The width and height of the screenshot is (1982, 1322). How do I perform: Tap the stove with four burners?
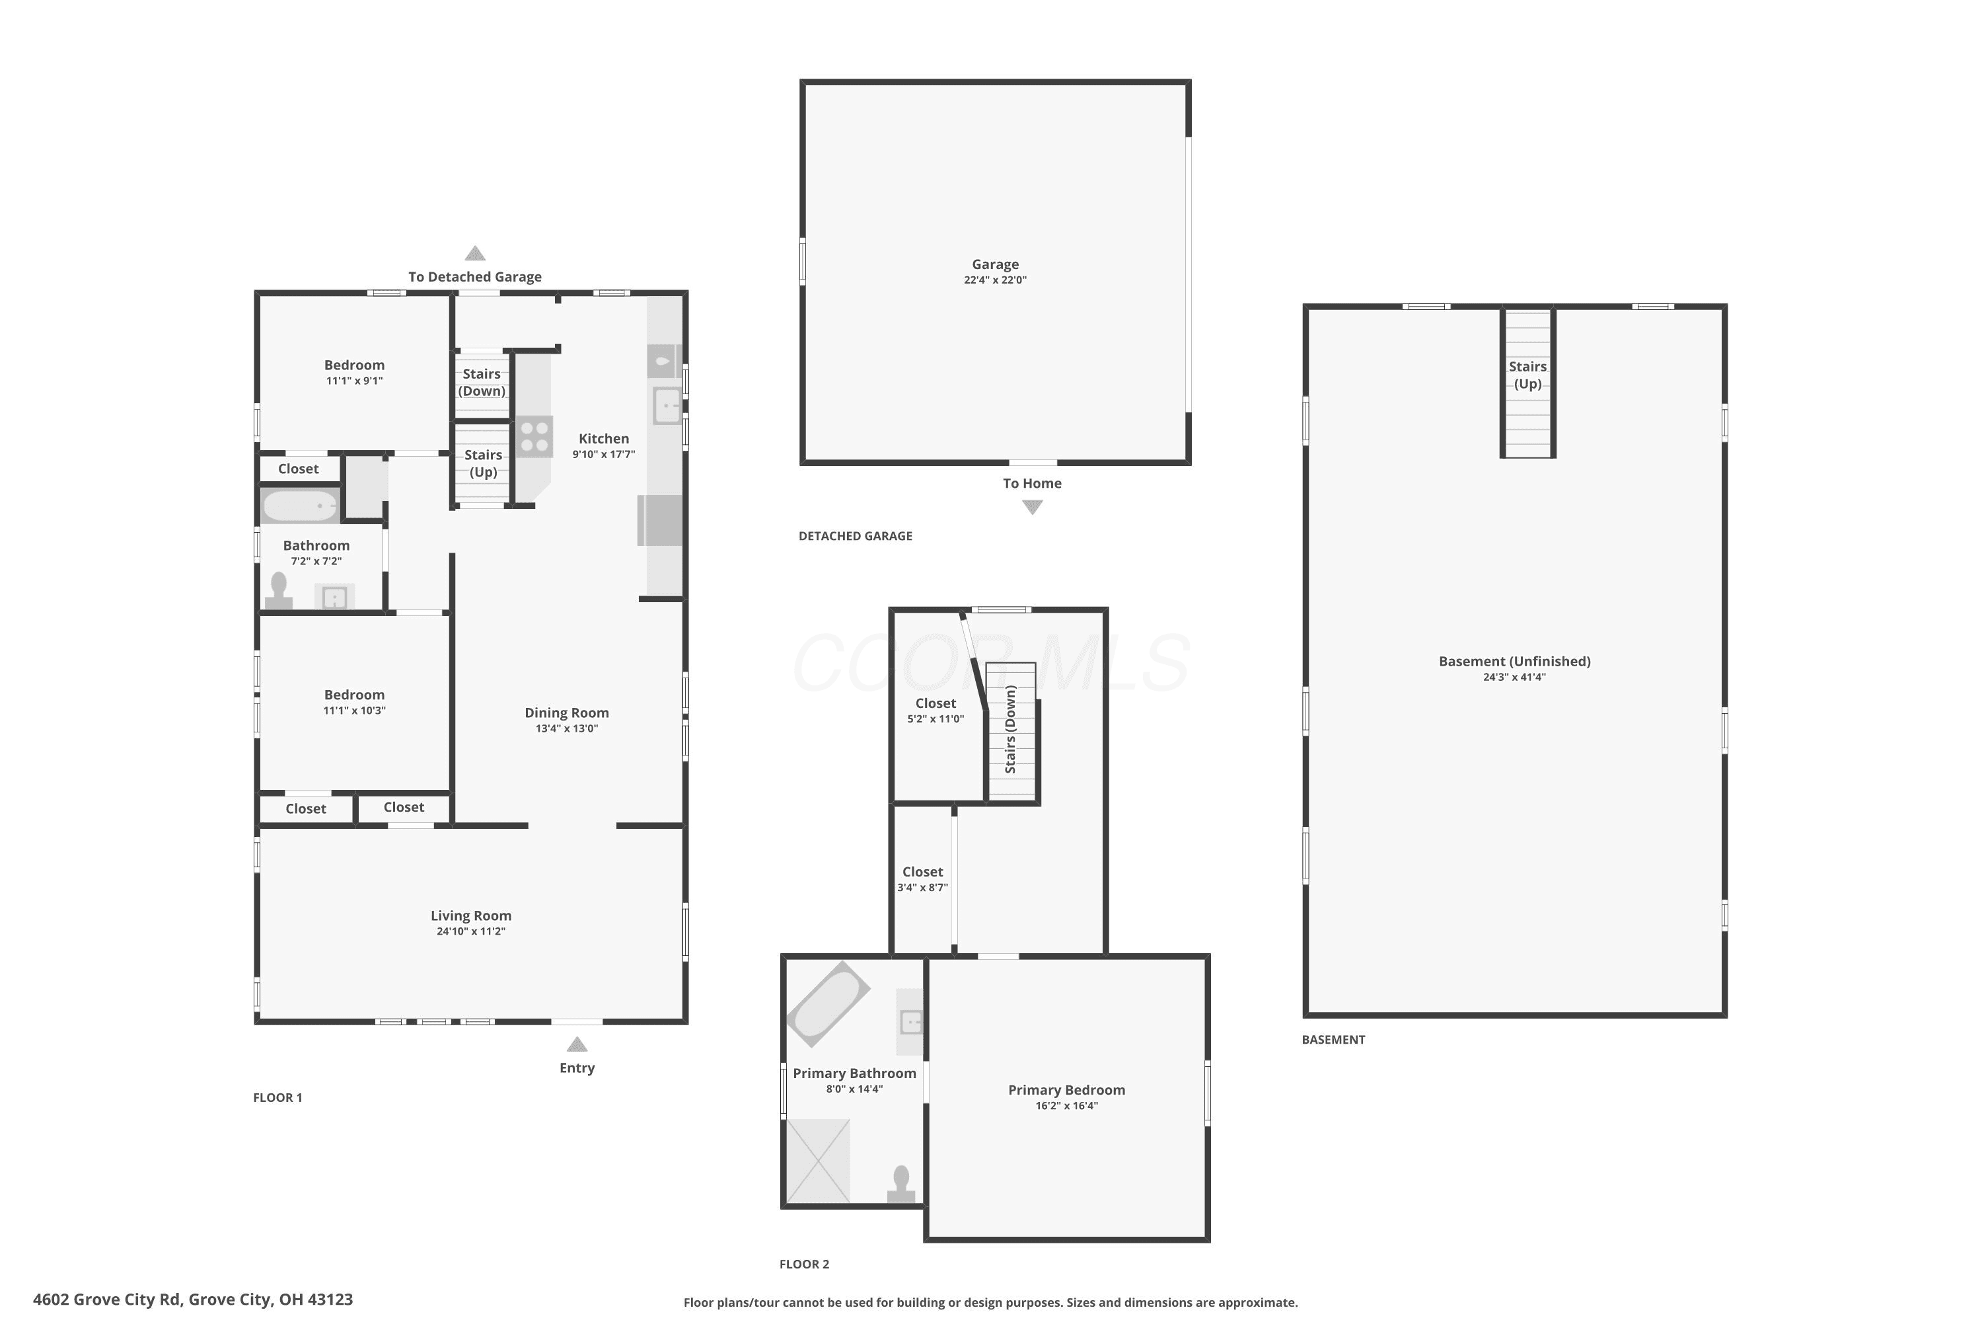click(534, 437)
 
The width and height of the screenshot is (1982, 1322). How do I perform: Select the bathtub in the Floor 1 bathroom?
click(301, 506)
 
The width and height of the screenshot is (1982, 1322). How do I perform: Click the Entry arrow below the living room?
click(577, 1044)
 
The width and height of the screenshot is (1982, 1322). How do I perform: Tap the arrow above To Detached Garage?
click(475, 253)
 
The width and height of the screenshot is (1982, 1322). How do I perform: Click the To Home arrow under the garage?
click(1032, 507)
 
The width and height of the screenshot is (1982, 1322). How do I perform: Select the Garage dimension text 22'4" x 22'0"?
click(995, 280)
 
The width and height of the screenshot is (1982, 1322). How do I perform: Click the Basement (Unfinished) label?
click(1514, 661)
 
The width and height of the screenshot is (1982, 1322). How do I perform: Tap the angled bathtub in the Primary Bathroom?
click(828, 1003)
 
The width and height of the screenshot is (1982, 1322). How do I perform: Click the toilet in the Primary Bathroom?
click(901, 1184)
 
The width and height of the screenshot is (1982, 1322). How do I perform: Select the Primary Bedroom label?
click(1067, 1090)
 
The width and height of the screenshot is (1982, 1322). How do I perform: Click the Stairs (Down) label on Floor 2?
click(1010, 729)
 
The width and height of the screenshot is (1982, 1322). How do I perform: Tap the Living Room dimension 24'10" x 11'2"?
click(471, 931)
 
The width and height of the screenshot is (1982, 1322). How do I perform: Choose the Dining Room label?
click(566, 713)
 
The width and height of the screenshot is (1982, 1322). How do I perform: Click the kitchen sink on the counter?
click(667, 406)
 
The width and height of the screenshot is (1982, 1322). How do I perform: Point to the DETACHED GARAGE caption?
click(856, 536)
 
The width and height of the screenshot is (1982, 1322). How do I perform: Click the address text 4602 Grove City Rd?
click(107, 1300)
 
